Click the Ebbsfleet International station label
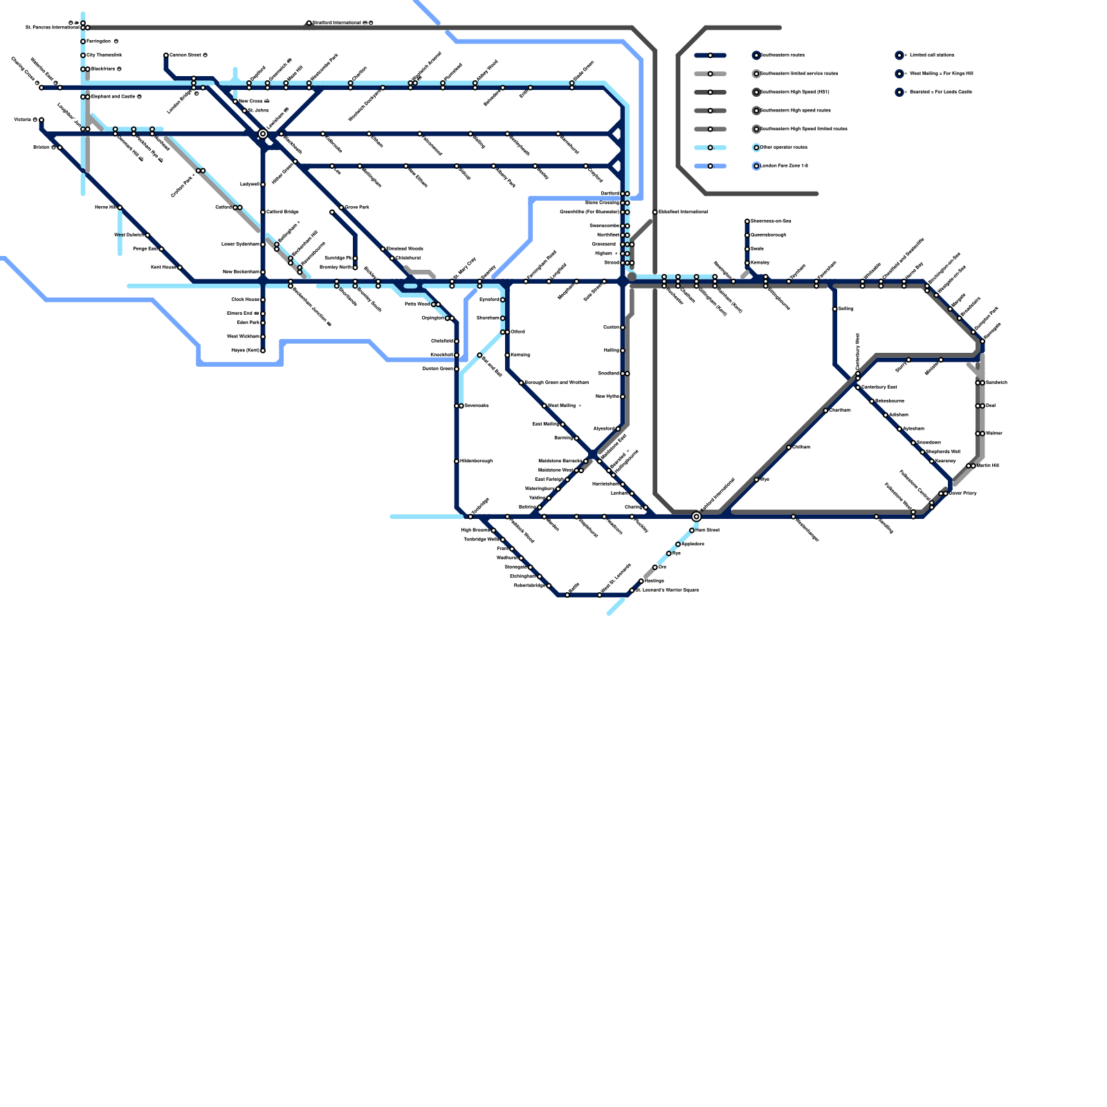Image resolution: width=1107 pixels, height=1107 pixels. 683,212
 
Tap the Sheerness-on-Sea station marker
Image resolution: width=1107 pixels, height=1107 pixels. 747,221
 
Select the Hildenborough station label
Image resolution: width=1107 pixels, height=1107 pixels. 476,461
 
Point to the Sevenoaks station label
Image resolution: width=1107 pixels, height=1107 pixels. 476,405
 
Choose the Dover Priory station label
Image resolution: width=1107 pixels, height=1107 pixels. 962,493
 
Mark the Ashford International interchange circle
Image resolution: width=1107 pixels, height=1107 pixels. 696,516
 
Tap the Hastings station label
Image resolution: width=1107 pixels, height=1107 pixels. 654,580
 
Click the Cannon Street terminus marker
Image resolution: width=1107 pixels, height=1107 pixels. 166,55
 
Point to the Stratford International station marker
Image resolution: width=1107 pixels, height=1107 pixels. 309,23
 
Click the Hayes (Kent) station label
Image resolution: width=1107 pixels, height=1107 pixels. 245,350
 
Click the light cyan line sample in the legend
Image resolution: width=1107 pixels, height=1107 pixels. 710,147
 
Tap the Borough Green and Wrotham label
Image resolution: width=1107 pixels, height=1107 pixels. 556,383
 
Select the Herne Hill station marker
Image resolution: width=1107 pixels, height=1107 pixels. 120,208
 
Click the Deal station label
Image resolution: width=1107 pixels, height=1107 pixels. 990,405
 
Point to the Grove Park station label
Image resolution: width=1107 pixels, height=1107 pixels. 356,207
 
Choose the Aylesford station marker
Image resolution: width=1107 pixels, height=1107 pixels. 618,429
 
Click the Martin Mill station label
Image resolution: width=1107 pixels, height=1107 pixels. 987,466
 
